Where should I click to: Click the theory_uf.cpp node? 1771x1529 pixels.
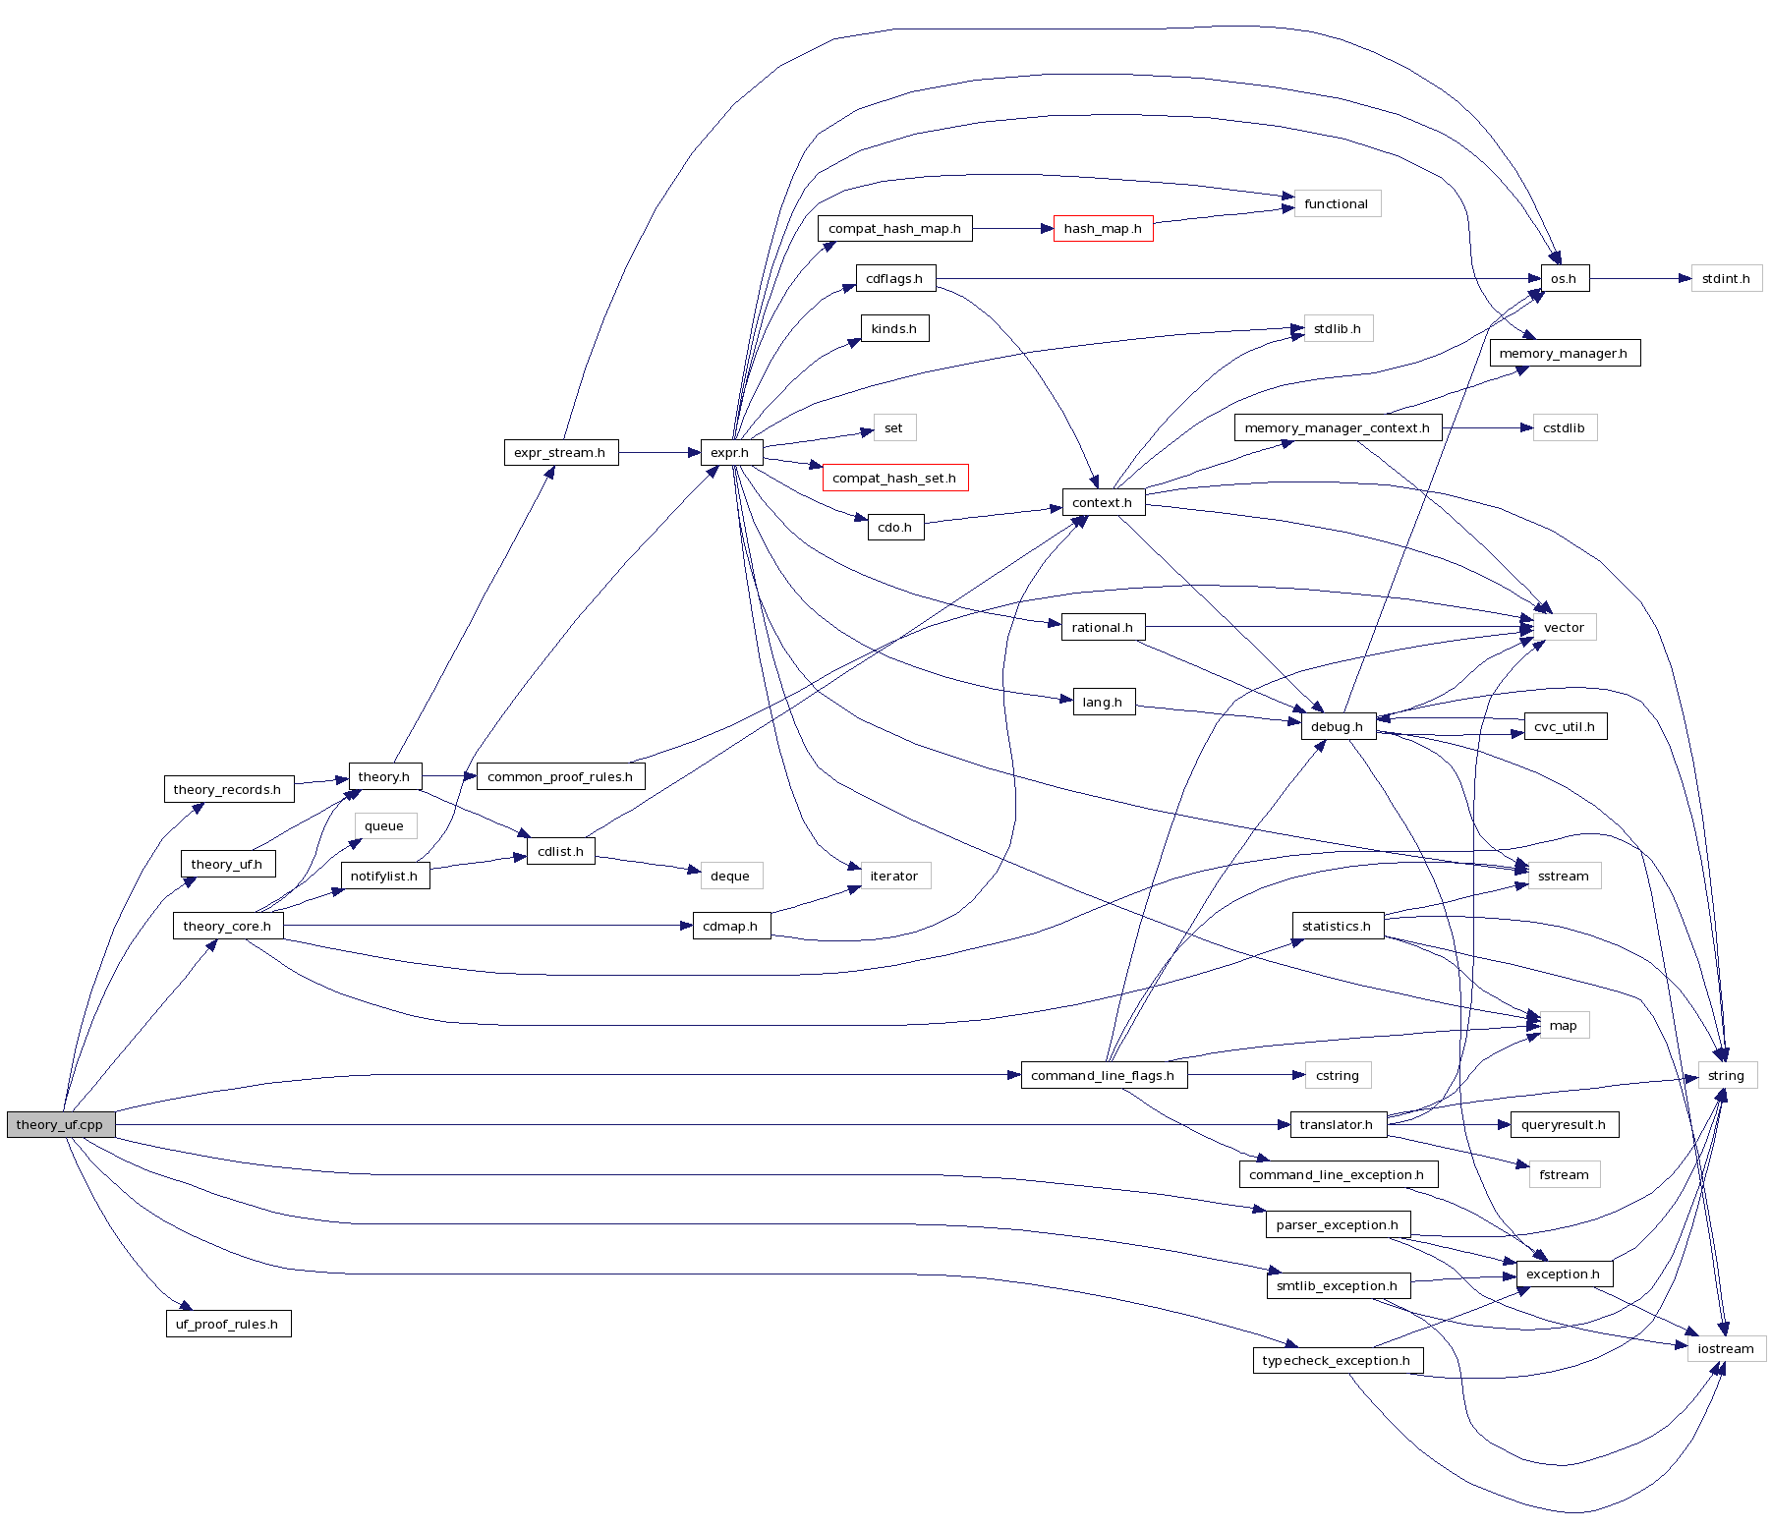(x=60, y=1124)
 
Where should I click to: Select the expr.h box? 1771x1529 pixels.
(x=730, y=453)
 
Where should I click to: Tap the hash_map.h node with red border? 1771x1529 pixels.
(x=1103, y=229)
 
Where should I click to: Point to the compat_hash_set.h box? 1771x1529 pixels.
(x=894, y=479)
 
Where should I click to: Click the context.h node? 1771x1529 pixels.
(x=1102, y=503)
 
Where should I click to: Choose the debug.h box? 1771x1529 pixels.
(x=1337, y=727)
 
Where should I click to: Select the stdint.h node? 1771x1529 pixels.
(x=1726, y=279)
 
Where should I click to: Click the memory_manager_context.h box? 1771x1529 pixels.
(x=1337, y=428)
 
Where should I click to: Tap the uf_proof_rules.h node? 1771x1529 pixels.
(x=227, y=1324)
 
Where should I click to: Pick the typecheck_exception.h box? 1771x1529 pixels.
(x=1337, y=1361)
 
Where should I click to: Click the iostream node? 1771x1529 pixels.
(x=1725, y=1348)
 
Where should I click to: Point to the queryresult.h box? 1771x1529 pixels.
(x=1563, y=1125)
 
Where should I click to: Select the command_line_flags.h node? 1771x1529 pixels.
(x=1103, y=1075)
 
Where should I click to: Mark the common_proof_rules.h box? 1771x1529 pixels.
(x=560, y=776)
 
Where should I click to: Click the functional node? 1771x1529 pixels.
(x=1337, y=204)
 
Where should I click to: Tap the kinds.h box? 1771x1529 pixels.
(x=893, y=329)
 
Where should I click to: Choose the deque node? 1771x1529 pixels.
(x=730, y=877)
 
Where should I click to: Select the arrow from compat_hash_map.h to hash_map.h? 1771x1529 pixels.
(x=1012, y=229)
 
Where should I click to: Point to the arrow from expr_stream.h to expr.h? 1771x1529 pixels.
(x=658, y=453)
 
